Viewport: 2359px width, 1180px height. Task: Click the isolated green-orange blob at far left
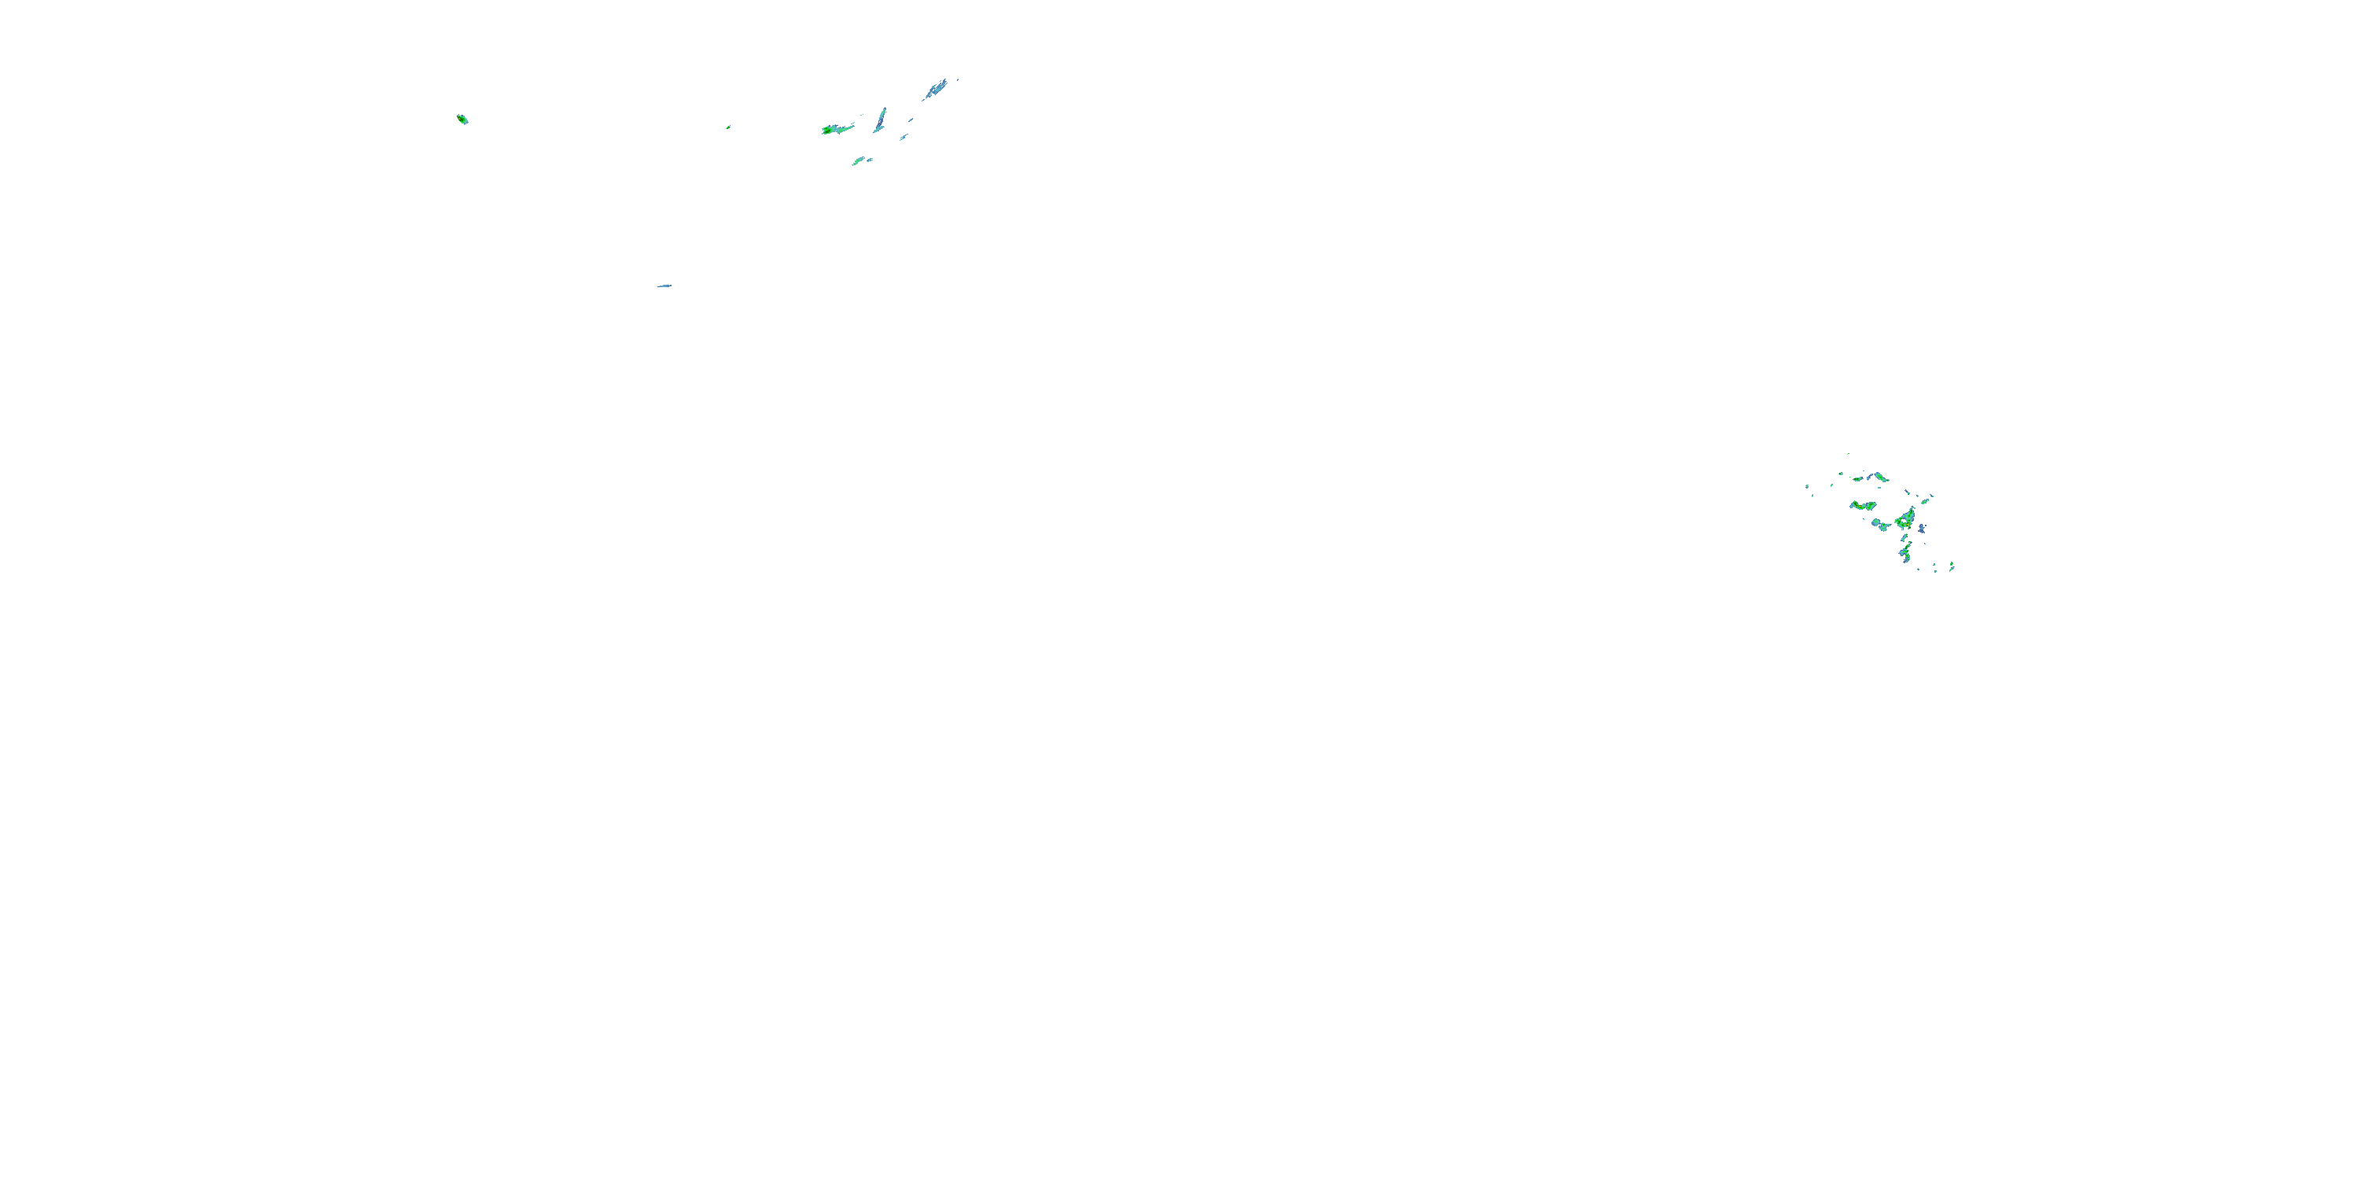click(x=462, y=119)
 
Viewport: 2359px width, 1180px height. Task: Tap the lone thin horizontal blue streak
click(x=664, y=286)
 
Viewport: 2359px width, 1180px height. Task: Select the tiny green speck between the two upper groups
click(x=728, y=127)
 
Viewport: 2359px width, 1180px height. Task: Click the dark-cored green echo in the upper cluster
click(x=836, y=129)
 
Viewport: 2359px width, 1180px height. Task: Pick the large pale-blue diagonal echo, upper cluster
click(x=935, y=89)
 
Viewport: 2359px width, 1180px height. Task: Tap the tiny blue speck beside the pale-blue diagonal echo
click(x=958, y=79)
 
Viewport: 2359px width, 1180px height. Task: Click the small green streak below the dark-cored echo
click(x=858, y=161)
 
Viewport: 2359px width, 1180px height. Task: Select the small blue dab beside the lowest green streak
click(x=870, y=160)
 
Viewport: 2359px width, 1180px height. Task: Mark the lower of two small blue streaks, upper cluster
click(x=903, y=138)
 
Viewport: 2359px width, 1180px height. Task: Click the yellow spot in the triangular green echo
click(x=1908, y=519)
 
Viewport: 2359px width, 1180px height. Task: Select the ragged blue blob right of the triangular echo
click(x=1921, y=529)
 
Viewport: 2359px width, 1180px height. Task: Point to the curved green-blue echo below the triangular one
click(x=1906, y=551)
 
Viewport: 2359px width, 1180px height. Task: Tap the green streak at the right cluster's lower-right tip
click(x=1952, y=566)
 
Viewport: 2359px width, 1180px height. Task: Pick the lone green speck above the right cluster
click(x=1848, y=453)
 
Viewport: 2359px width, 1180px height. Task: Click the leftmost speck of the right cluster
click(x=1807, y=486)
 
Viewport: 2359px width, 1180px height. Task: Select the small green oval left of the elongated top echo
click(x=1858, y=478)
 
